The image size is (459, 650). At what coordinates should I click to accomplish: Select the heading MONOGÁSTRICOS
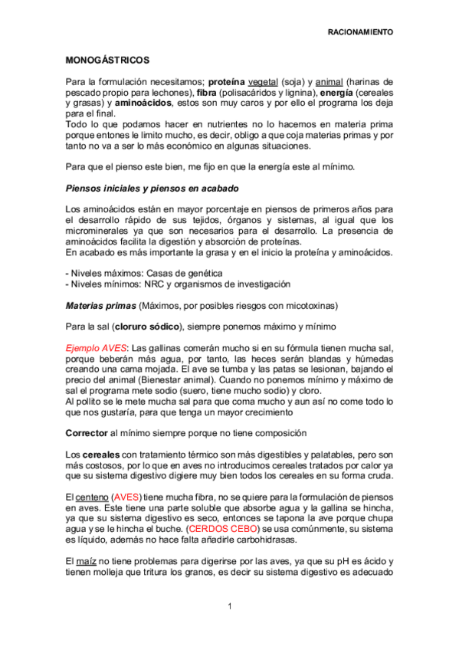point(107,59)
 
